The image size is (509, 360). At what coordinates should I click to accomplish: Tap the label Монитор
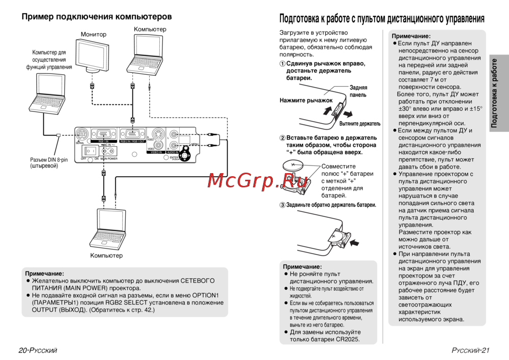tap(94, 35)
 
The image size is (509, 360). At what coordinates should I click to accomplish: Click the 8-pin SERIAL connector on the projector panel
tap(81, 135)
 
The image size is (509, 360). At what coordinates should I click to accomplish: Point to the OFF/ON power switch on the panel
tap(92, 151)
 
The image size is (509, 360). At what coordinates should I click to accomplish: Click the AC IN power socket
tap(107, 151)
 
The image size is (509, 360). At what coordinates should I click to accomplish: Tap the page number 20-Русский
tap(38, 350)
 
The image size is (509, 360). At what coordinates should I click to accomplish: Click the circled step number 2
tap(282, 138)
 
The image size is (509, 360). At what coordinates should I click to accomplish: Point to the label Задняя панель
tap(358, 91)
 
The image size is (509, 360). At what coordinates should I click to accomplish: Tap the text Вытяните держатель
tap(360, 124)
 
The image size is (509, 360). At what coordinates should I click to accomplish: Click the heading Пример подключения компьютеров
tap(97, 17)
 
